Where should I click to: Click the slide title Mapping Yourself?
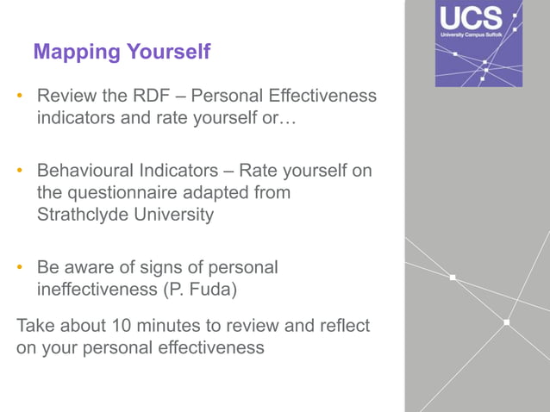coord(122,52)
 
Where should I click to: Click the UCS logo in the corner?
coord(478,44)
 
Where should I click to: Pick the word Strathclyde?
coord(84,215)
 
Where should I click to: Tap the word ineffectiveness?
coord(97,290)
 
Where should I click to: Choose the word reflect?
coord(342,326)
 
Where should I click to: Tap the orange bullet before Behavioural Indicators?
coord(20,172)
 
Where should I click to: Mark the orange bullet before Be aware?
coord(20,268)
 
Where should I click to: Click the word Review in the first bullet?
coord(65,95)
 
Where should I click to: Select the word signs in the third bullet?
coord(153,268)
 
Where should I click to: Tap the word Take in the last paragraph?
coord(35,326)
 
